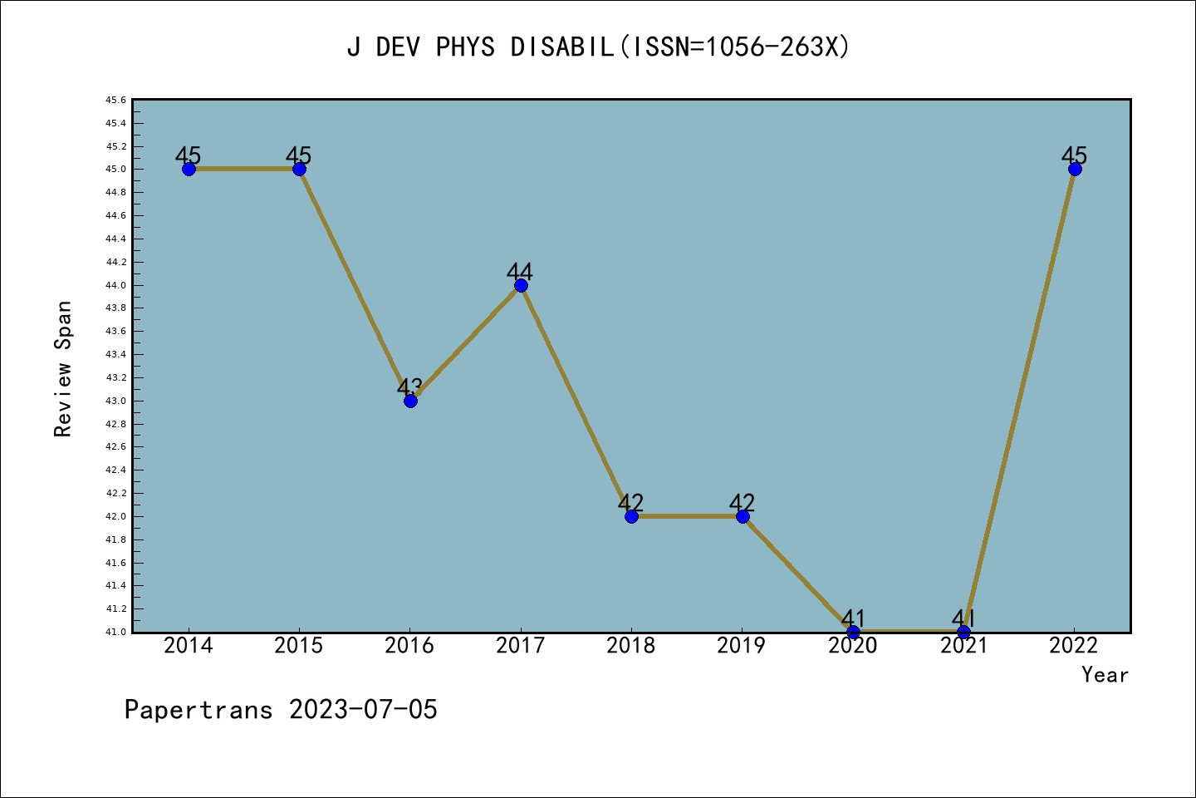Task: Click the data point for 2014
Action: [x=189, y=169]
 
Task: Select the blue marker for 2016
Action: [x=410, y=401]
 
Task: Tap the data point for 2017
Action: [x=521, y=285]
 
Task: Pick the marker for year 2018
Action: [x=631, y=516]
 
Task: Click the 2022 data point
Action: [x=1075, y=169]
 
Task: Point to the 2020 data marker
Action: [x=853, y=632]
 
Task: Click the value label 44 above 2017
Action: [x=520, y=271]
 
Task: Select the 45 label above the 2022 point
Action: [x=1074, y=155]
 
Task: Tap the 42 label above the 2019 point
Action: [x=742, y=502]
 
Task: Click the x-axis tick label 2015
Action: [x=299, y=646]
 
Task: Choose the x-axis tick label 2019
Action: [x=742, y=646]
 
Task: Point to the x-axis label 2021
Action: [x=963, y=646]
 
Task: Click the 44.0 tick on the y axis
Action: [x=115, y=285]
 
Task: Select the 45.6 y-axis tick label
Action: [x=115, y=101]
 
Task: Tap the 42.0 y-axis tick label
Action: [x=115, y=516]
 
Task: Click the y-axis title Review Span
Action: [x=63, y=369]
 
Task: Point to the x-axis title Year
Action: [x=1105, y=674]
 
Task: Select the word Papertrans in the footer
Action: [x=199, y=709]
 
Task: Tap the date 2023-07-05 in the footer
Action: [x=363, y=709]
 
